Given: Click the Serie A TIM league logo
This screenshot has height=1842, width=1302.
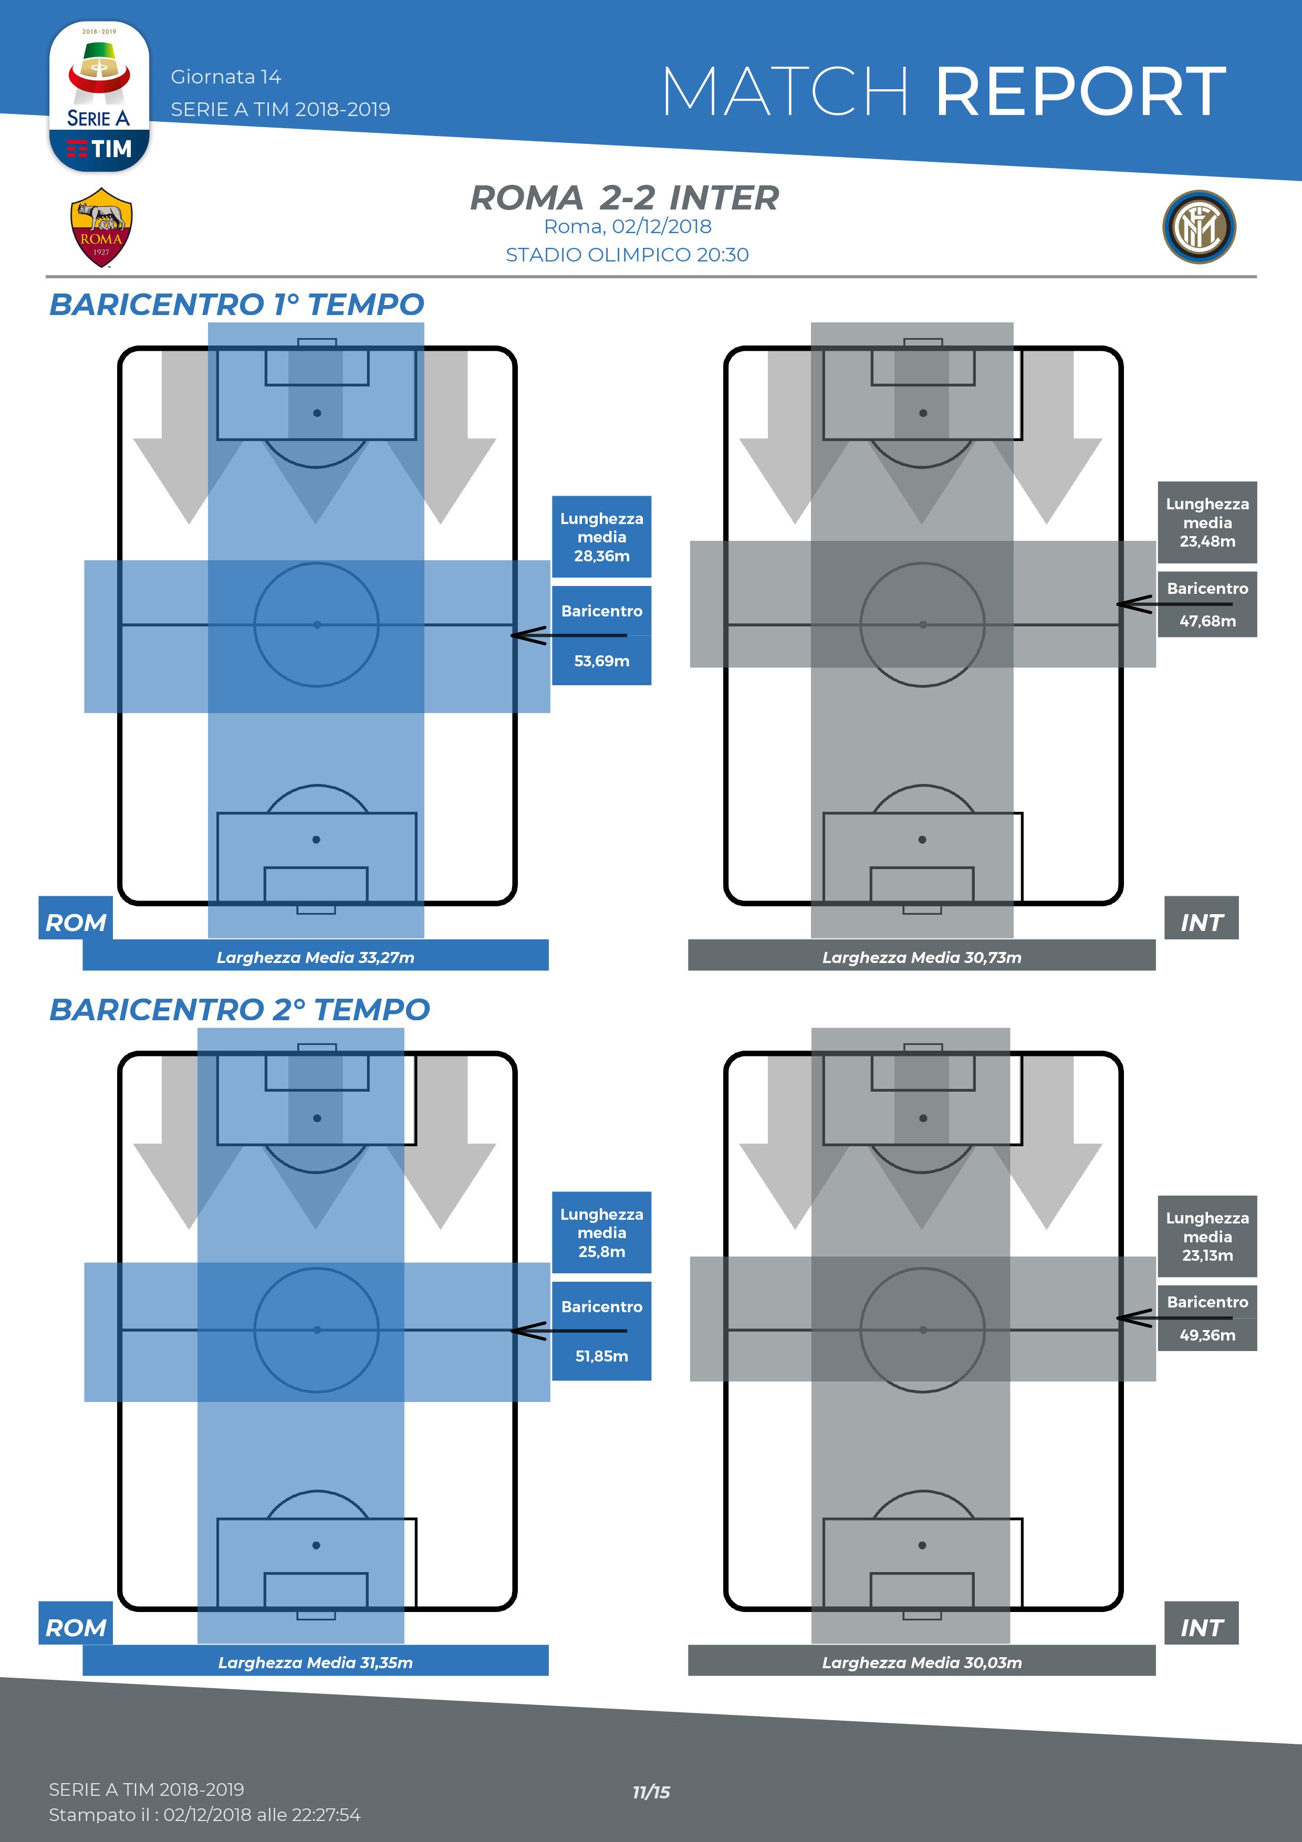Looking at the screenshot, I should coord(99,96).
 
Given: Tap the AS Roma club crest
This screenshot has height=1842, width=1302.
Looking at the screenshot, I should coord(101,227).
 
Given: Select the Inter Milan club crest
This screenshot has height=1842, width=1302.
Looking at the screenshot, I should coord(1199,227).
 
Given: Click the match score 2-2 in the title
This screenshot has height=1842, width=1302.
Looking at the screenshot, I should coord(627,198).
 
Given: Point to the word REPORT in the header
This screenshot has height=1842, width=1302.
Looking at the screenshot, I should coord(1080,92).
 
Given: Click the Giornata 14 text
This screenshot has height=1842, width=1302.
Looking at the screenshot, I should coord(225,77).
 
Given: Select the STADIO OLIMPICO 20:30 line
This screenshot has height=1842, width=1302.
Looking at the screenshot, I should coord(627,255).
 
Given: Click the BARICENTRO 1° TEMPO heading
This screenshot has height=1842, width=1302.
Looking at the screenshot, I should coord(237,305).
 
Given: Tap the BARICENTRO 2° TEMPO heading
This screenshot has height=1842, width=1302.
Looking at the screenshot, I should coord(239,1010).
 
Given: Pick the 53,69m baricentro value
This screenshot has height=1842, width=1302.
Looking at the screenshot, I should coord(602,661).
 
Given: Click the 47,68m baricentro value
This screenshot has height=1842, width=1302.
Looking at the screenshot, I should coord(1207,621).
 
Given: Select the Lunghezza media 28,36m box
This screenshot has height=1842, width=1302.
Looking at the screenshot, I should coord(602,537).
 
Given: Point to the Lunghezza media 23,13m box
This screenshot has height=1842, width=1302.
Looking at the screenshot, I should coord(1207,1236).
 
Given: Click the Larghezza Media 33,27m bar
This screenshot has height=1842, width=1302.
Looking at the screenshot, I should coord(315,957).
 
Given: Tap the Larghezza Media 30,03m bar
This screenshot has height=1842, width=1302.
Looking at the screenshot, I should coord(922,1662).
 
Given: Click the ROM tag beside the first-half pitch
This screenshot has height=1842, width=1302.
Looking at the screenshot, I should coord(76,921).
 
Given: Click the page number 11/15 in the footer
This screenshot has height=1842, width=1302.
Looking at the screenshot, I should coord(651,1792).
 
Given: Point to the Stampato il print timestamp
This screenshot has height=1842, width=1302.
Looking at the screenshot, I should coord(204,1815).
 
